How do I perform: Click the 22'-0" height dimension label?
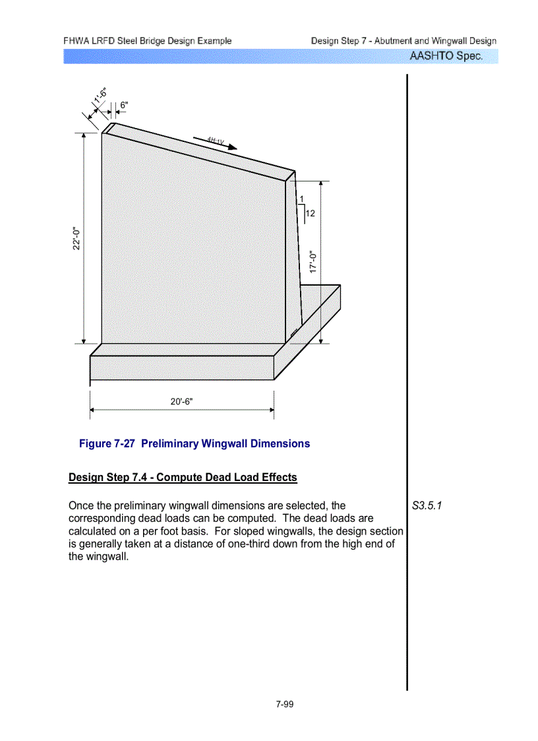point(77,238)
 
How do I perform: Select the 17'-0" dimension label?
point(314,261)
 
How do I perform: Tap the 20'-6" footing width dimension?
point(182,402)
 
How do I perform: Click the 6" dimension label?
point(124,105)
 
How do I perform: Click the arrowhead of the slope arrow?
point(231,148)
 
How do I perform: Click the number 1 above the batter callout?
point(301,199)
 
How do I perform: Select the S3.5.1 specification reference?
point(427,506)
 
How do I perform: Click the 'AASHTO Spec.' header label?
point(446,56)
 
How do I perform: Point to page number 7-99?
point(285,704)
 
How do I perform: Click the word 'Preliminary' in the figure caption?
point(173,443)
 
